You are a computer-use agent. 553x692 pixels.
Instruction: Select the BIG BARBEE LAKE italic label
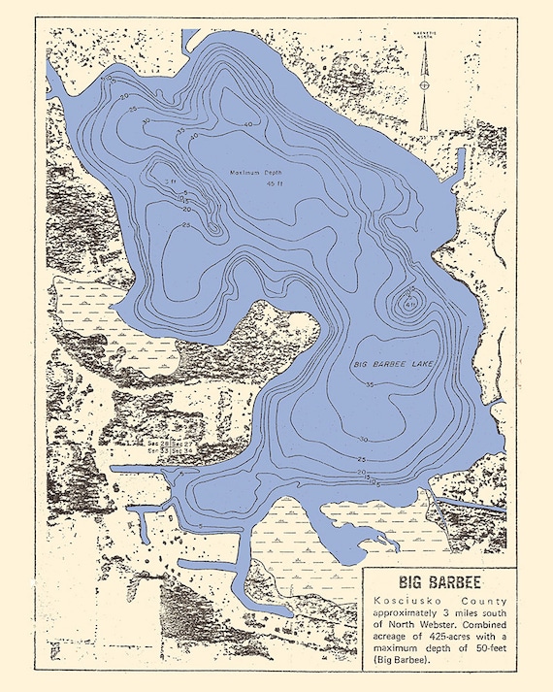click(393, 363)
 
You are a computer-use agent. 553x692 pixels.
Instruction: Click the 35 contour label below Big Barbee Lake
click(370, 386)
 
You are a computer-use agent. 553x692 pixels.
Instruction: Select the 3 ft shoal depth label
click(171, 181)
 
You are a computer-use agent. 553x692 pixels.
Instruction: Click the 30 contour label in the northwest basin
click(123, 98)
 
